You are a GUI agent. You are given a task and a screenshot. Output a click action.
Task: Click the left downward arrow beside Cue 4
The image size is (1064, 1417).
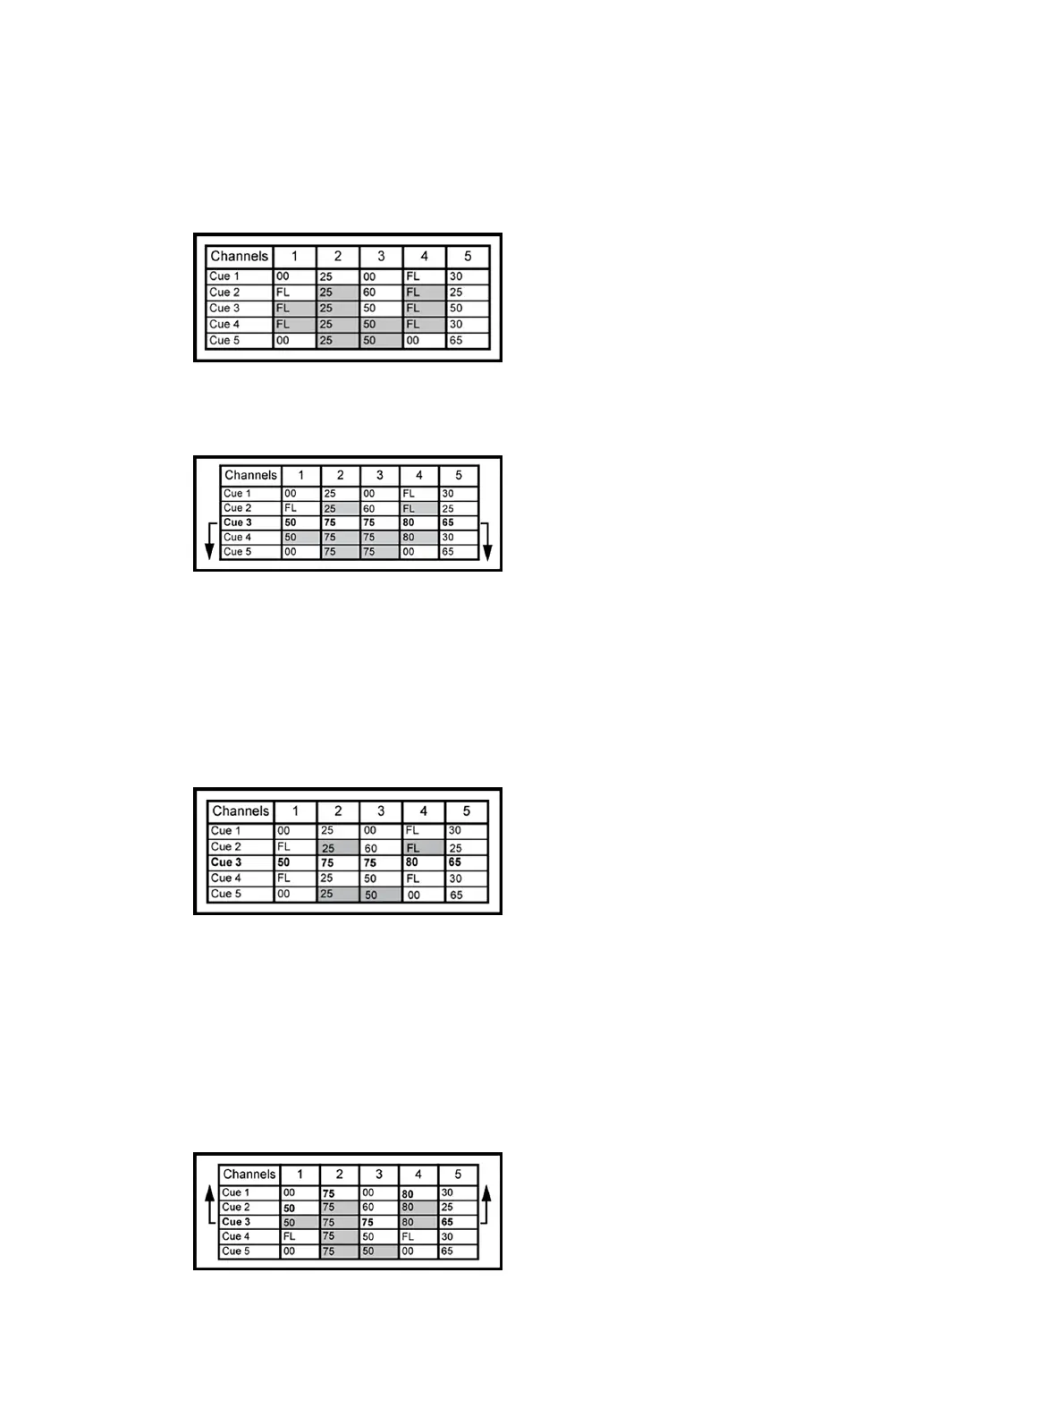(x=209, y=540)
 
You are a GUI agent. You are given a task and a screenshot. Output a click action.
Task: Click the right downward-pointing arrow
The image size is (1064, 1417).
(x=487, y=540)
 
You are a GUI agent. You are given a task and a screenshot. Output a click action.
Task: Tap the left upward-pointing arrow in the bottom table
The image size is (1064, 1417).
(x=209, y=1204)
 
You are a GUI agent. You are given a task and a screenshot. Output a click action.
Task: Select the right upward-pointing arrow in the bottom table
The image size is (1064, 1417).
(x=486, y=1204)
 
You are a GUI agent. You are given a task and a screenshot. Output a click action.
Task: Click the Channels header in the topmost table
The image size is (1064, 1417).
(x=239, y=257)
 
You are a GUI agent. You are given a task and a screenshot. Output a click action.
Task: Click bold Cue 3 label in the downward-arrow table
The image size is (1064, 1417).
(x=238, y=522)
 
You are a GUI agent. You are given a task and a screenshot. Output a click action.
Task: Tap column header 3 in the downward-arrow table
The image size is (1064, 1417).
(x=380, y=475)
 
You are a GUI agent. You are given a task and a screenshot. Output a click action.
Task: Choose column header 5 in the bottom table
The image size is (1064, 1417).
(x=458, y=1175)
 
